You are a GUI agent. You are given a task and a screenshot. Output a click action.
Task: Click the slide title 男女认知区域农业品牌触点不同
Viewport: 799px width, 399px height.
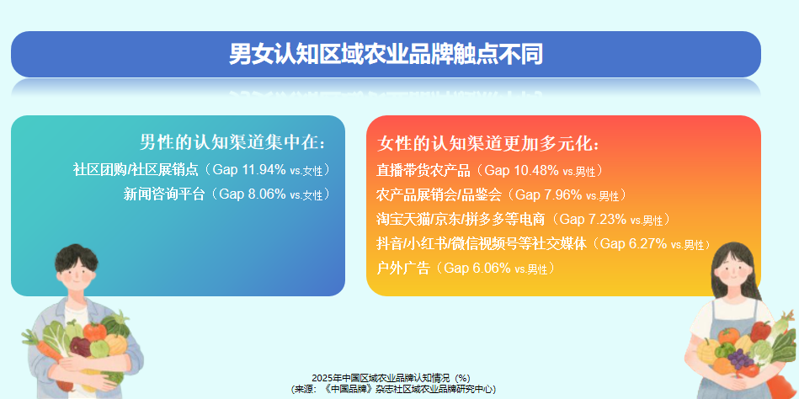pos(386,55)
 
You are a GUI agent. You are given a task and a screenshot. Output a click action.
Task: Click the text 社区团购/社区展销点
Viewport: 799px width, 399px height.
pos(139,170)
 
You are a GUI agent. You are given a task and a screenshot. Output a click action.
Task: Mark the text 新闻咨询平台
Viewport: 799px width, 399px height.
pos(164,194)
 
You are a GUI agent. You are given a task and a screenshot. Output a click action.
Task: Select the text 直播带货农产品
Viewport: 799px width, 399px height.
pos(423,171)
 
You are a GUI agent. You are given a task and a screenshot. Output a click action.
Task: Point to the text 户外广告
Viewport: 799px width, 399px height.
pos(403,269)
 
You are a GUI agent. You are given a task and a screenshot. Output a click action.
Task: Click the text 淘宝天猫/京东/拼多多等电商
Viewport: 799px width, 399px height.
pos(461,220)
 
